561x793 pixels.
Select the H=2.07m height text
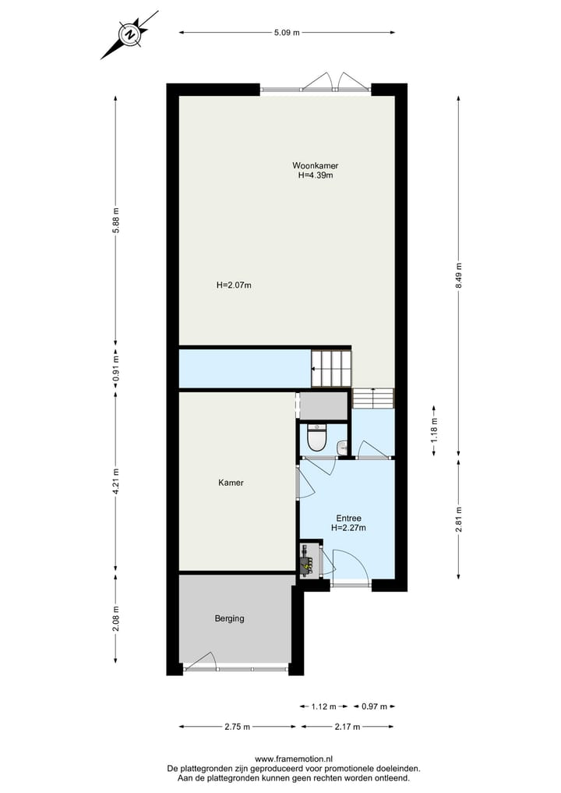234,285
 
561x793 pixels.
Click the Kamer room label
231,483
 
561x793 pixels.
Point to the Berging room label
229,618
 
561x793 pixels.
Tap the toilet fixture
316,439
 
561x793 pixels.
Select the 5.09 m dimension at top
287,33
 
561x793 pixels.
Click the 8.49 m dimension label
458,274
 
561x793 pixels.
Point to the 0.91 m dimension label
116,366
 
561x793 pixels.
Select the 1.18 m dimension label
434,427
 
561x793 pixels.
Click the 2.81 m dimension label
458,518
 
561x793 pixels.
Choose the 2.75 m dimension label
237,727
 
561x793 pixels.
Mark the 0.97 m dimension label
374,706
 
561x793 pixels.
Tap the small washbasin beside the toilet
342,447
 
